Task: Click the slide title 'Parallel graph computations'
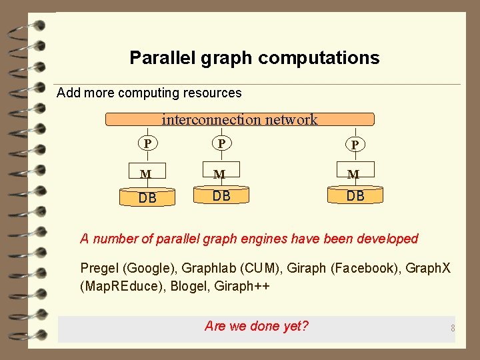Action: (x=254, y=58)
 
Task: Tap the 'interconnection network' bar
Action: (x=240, y=119)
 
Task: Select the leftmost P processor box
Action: (x=147, y=143)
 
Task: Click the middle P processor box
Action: (x=221, y=143)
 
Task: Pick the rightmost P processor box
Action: (x=355, y=144)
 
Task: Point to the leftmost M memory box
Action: (x=147, y=173)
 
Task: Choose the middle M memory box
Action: (x=221, y=173)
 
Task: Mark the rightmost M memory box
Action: (x=355, y=173)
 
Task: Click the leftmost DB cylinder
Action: (x=147, y=197)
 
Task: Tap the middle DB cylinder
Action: (x=221, y=195)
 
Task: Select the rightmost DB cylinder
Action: (x=355, y=195)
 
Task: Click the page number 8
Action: (x=452, y=328)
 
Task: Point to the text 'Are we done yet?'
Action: (x=257, y=326)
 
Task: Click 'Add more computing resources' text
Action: (x=149, y=93)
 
